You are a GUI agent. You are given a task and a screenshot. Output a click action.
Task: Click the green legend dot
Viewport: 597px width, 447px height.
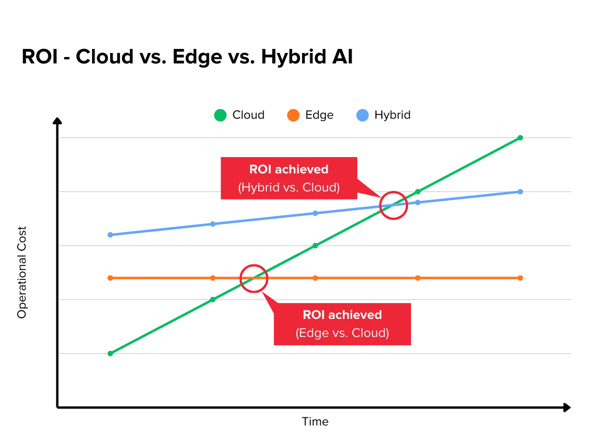click(x=220, y=115)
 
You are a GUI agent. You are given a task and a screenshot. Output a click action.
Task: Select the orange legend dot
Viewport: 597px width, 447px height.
click(x=293, y=115)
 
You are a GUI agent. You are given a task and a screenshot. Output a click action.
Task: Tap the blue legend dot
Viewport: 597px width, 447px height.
click(x=363, y=115)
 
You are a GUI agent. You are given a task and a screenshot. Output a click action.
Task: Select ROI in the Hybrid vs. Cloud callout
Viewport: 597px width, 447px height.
click(x=260, y=169)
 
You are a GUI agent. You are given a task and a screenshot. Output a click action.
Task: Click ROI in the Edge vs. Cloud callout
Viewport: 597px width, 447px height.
click(x=313, y=315)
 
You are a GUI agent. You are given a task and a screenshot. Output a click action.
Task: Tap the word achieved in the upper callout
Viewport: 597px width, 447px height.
click(x=301, y=169)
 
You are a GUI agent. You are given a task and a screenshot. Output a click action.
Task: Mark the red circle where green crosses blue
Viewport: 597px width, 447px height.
click(x=394, y=205)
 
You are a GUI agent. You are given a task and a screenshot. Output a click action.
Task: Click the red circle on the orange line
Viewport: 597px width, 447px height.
click(x=254, y=278)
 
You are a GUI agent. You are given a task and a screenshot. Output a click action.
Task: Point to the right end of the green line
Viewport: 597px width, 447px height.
click(x=521, y=137)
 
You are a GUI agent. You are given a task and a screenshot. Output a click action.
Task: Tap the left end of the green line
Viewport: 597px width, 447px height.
click(x=110, y=353)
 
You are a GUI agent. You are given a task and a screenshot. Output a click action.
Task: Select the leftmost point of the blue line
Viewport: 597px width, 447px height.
click(x=110, y=235)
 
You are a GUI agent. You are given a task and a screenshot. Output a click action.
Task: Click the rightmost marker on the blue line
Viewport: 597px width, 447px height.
click(x=519, y=191)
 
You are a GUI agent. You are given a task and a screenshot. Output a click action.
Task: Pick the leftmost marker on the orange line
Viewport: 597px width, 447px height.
click(x=110, y=279)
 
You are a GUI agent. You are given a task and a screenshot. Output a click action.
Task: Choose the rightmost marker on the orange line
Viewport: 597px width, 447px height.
click(x=521, y=279)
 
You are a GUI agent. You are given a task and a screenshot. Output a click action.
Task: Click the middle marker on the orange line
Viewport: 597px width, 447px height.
click(x=315, y=279)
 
